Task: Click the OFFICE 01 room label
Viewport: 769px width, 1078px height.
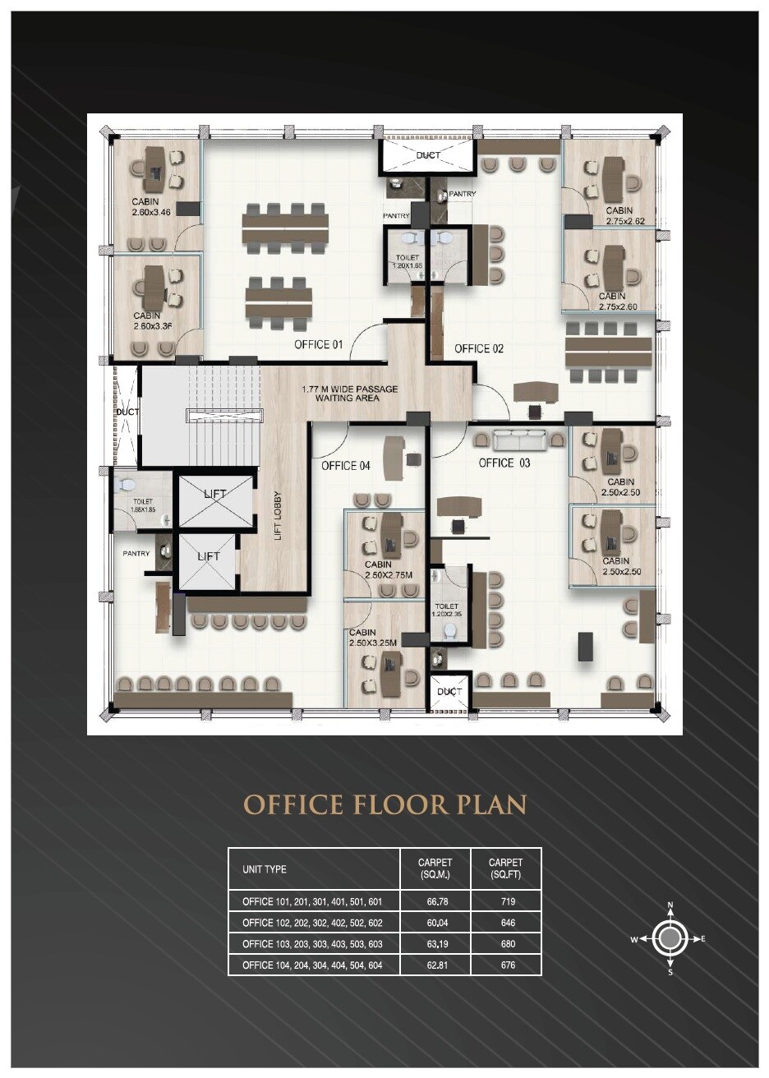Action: (318, 344)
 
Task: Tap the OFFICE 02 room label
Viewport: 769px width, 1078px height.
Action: (478, 348)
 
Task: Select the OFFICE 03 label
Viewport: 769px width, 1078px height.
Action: (504, 463)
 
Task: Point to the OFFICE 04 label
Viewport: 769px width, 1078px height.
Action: (345, 466)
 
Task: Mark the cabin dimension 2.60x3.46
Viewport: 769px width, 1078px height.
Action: (150, 213)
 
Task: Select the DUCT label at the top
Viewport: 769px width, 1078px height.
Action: (427, 155)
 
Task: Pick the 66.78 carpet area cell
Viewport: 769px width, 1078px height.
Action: (436, 901)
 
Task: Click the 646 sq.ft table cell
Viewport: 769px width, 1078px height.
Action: (507, 923)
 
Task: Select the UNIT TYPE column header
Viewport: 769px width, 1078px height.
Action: (265, 868)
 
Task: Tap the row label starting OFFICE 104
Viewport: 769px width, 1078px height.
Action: (312, 965)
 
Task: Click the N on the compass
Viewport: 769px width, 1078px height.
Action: (670, 906)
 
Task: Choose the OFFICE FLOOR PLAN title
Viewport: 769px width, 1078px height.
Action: (384, 804)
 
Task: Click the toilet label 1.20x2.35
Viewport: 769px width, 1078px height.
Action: (447, 609)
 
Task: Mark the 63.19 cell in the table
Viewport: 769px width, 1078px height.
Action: (436, 943)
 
